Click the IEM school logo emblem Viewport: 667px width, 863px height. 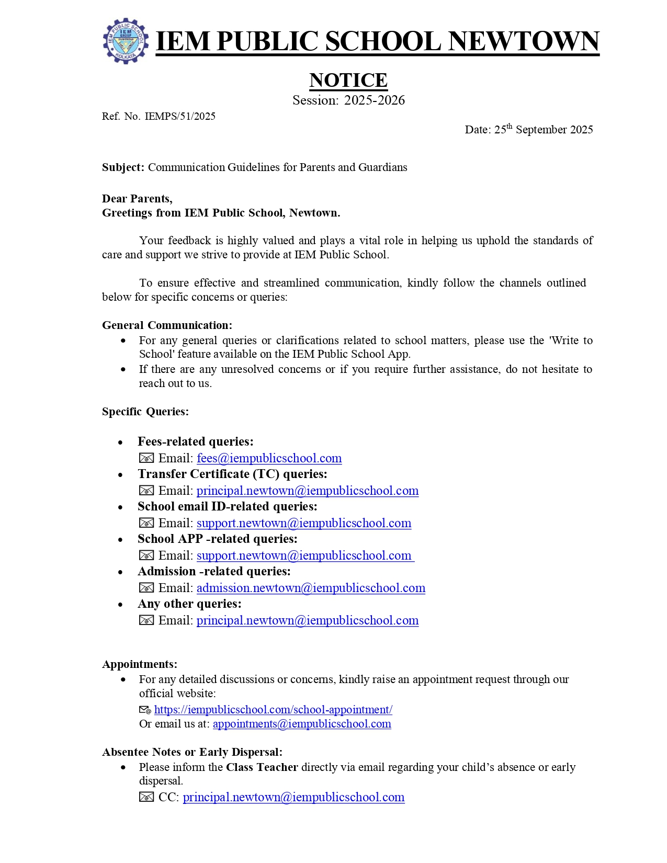tap(126, 41)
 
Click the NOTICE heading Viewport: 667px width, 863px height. tap(348, 80)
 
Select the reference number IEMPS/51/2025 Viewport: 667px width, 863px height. tap(180, 116)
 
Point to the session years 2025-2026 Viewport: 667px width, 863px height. tap(374, 100)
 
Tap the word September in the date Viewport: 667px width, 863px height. tap(540, 130)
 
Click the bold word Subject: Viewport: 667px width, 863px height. tap(123, 167)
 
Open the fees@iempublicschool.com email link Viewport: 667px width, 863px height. tap(269, 458)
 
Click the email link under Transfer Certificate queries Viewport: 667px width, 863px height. tap(308, 491)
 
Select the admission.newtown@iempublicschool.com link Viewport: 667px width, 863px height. tap(311, 588)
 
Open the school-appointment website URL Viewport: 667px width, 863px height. tap(273, 710)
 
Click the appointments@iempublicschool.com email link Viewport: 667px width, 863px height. tap(302, 724)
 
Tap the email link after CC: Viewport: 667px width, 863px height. tap(293, 797)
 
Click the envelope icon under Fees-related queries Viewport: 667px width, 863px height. tap(146, 458)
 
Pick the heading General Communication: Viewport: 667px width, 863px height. tap(167, 325)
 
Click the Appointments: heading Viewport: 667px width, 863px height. tap(140, 664)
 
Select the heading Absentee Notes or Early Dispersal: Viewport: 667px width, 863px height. tap(192, 752)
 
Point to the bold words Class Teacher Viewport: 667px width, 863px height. tap(262, 767)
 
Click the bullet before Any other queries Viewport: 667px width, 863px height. tap(120, 605)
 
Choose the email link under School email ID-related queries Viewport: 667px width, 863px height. tap(304, 523)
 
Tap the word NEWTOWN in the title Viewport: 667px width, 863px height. tap(523, 41)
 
